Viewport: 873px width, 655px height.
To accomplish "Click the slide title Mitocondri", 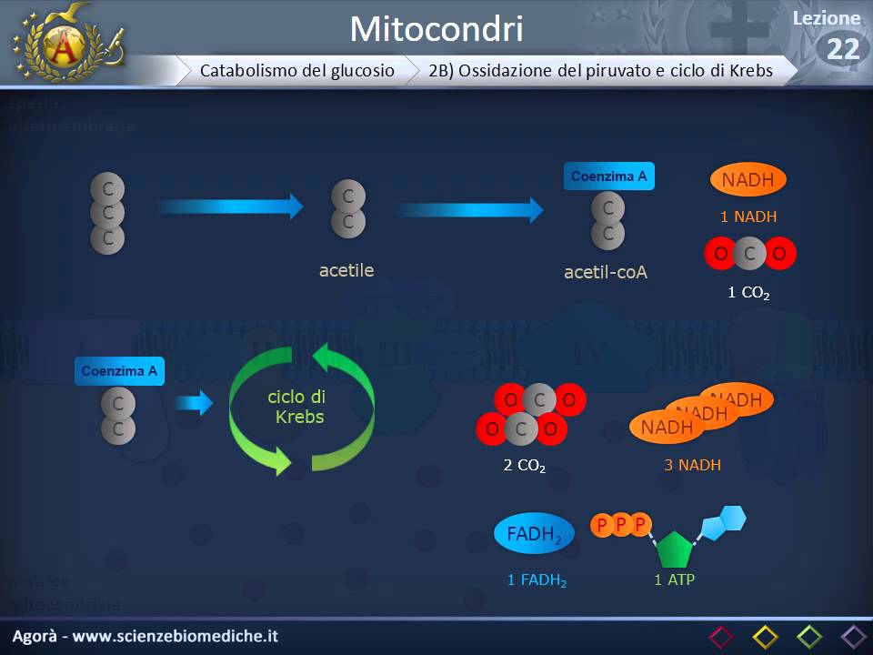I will click(x=436, y=29).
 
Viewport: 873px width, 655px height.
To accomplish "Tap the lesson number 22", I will click(x=843, y=49).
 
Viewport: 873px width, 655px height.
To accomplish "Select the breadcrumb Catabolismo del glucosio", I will click(x=297, y=70).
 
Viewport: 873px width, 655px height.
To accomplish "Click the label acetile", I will click(x=346, y=270).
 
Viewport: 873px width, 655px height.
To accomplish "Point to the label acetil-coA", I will click(x=606, y=272).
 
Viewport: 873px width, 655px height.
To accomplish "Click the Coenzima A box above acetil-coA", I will click(x=608, y=176).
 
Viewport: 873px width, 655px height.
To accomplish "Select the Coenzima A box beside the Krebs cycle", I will click(x=119, y=371).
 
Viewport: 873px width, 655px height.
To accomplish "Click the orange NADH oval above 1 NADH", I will click(x=748, y=180).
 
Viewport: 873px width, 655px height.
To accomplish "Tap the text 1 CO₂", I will click(x=748, y=293).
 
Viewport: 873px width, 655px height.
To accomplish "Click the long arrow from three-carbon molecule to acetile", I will click(x=229, y=207).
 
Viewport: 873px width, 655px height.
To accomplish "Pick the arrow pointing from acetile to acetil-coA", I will click(x=471, y=209).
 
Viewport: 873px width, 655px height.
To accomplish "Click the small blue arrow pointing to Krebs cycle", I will click(x=193, y=402).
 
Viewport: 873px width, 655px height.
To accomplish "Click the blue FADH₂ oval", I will click(x=534, y=535).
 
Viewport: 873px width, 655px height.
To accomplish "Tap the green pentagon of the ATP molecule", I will click(x=674, y=549).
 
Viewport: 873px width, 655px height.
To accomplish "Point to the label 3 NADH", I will click(x=692, y=465).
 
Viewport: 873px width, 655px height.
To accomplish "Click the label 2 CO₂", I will click(x=525, y=466).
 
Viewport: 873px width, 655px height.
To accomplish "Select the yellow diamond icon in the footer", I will click(x=765, y=636).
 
